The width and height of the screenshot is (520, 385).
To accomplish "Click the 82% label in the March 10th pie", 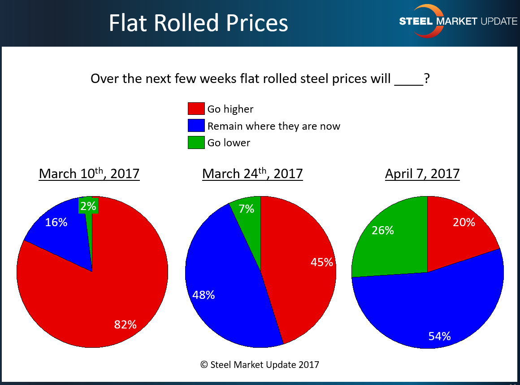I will click(126, 324).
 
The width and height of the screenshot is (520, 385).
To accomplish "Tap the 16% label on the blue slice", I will click(56, 222).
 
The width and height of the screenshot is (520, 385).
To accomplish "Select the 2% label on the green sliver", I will click(88, 206).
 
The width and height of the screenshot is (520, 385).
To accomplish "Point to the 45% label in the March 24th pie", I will click(322, 262).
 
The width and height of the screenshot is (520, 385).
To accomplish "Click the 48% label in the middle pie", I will click(204, 295).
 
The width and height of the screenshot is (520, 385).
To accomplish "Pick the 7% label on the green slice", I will click(247, 209).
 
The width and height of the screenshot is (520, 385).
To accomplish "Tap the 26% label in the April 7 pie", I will click(383, 230).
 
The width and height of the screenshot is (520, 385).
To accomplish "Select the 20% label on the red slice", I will click(464, 222).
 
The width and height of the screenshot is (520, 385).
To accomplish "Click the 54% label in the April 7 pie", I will click(439, 336).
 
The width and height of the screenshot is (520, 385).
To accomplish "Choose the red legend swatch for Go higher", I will click(195, 109).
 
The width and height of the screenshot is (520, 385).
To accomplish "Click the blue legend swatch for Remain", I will click(195, 126).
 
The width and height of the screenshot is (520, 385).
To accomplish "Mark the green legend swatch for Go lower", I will click(195, 143).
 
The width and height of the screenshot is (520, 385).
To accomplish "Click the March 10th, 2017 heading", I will click(89, 174).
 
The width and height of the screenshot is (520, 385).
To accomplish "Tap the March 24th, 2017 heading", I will click(252, 174).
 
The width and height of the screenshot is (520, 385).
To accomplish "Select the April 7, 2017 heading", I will click(422, 174).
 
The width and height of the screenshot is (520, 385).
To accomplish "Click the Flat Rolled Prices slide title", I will click(198, 23).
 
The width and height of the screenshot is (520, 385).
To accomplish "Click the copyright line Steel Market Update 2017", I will click(260, 364).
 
